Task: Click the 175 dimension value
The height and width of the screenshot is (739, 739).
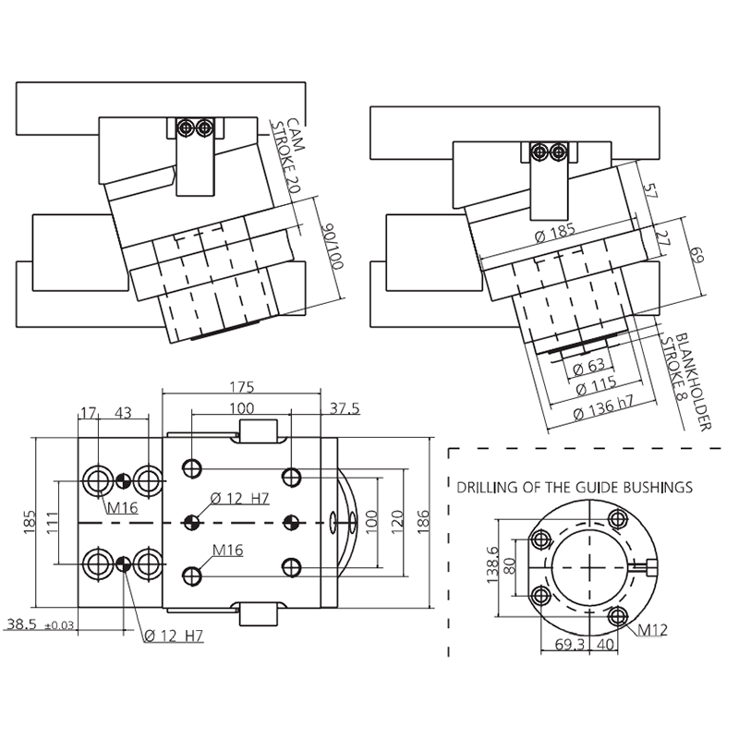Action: coord(242,387)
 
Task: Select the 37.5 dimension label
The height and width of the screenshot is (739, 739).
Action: coord(345,408)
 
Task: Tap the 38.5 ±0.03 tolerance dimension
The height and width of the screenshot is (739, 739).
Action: coord(40,624)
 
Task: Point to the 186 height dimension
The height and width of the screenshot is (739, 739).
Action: coord(423,522)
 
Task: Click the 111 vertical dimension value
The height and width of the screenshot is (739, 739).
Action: coord(53,522)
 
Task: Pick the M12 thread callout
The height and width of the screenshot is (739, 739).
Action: coord(653,629)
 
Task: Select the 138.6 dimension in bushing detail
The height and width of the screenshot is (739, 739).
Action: coord(492,565)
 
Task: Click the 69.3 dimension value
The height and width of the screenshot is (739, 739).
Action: coord(570,644)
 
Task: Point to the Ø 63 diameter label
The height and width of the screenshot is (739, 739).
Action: coord(588,366)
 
